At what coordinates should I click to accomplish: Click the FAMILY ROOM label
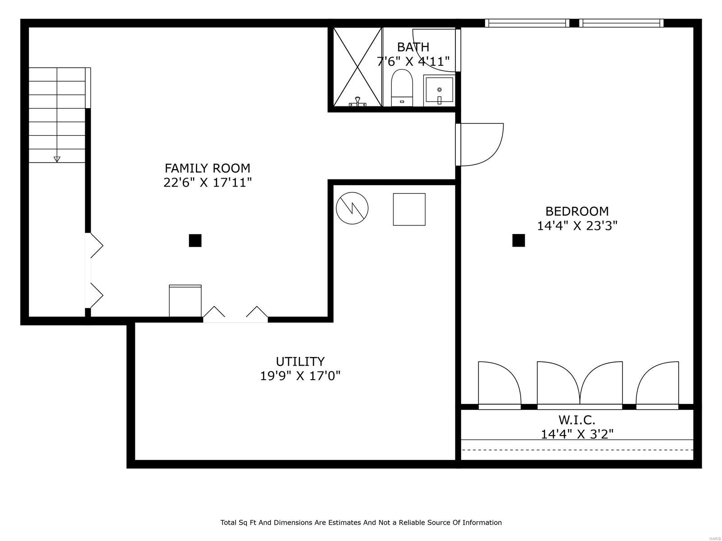click(207, 168)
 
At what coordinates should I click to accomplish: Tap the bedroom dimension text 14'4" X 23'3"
click(577, 226)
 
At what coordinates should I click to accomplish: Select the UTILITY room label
click(300, 361)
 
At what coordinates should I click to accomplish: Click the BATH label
click(413, 47)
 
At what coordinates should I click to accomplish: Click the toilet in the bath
click(402, 88)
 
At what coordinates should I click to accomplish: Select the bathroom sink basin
click(440, 90)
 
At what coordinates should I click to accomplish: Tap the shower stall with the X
click(357, 67)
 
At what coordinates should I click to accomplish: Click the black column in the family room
click(195, 240)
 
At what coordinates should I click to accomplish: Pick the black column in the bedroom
click(518, 240)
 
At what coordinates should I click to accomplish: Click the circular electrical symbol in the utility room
click(352, 208)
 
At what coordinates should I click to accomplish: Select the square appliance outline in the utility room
click(409, 209)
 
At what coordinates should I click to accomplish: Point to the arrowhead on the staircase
click(57, 159)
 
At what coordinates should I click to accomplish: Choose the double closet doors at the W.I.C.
click(579, 385)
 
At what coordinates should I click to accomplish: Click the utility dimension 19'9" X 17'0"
click(300, 376)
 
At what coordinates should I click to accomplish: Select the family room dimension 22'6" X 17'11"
click(208, 182)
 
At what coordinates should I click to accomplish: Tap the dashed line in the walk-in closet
click(577, 449)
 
